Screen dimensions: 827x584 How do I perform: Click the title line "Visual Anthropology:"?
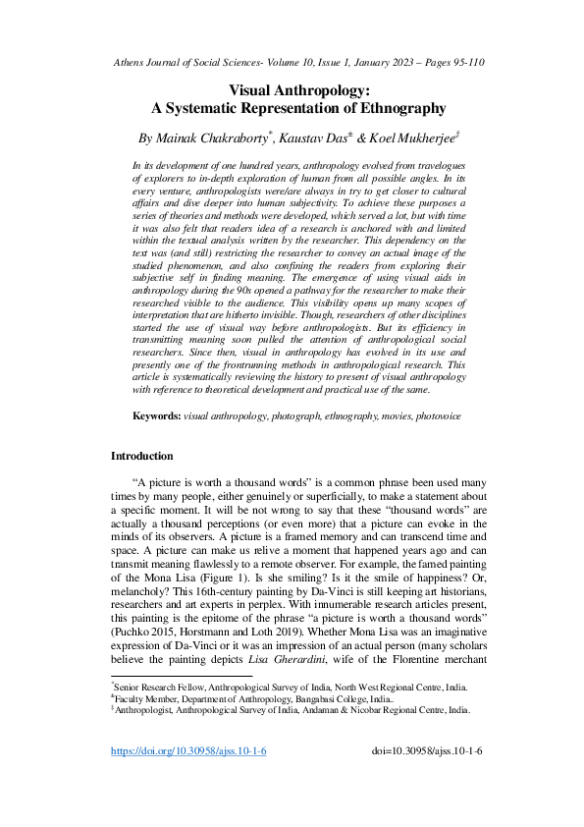click(292, 88)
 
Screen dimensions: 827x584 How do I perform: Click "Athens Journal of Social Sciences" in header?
click(177, 63)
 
